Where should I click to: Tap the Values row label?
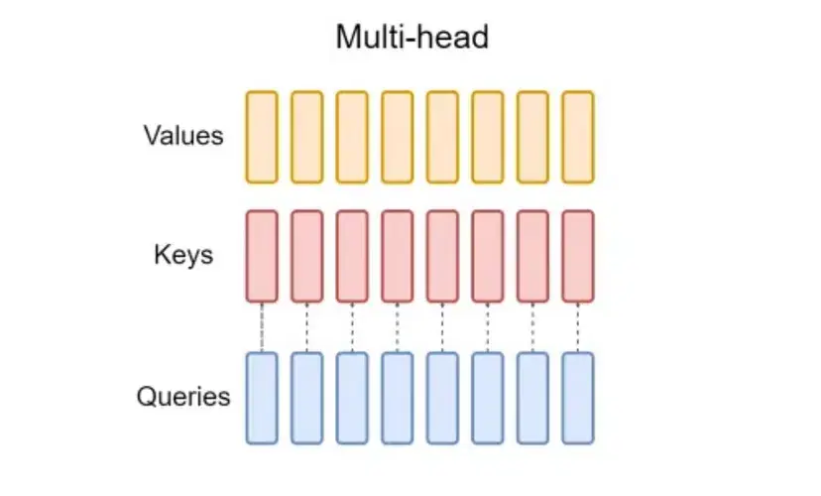183,135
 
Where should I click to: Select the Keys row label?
183,254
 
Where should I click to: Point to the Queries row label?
183,398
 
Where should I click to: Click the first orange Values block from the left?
262,137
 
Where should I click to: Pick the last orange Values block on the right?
578,137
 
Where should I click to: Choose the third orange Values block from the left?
352,137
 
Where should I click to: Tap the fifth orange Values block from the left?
442,137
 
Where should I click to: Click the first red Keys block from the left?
262,256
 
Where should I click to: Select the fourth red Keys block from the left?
398,256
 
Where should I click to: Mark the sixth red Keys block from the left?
488,256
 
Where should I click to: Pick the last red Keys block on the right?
578,256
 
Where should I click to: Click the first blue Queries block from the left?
262,398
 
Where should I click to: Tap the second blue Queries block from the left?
307,398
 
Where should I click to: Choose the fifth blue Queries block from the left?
442,398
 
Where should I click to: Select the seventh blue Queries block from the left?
532,398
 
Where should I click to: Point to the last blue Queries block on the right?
578,398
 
